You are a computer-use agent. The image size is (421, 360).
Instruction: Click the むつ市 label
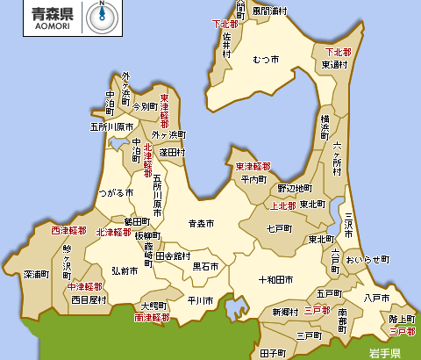tap(265, 60)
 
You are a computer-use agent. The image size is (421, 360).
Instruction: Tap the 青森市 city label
tap(202, 224)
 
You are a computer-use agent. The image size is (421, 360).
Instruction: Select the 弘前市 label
tap(124, 271)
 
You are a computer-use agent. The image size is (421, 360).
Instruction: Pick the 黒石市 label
tap(206, 265)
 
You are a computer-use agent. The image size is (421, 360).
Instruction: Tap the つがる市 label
tap(116, 191)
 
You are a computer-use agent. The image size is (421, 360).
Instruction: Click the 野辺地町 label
tap(294, 188)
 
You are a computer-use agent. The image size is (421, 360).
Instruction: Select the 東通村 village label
tap(336, 64)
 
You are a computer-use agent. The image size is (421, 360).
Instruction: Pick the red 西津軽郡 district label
tap(68, 231)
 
